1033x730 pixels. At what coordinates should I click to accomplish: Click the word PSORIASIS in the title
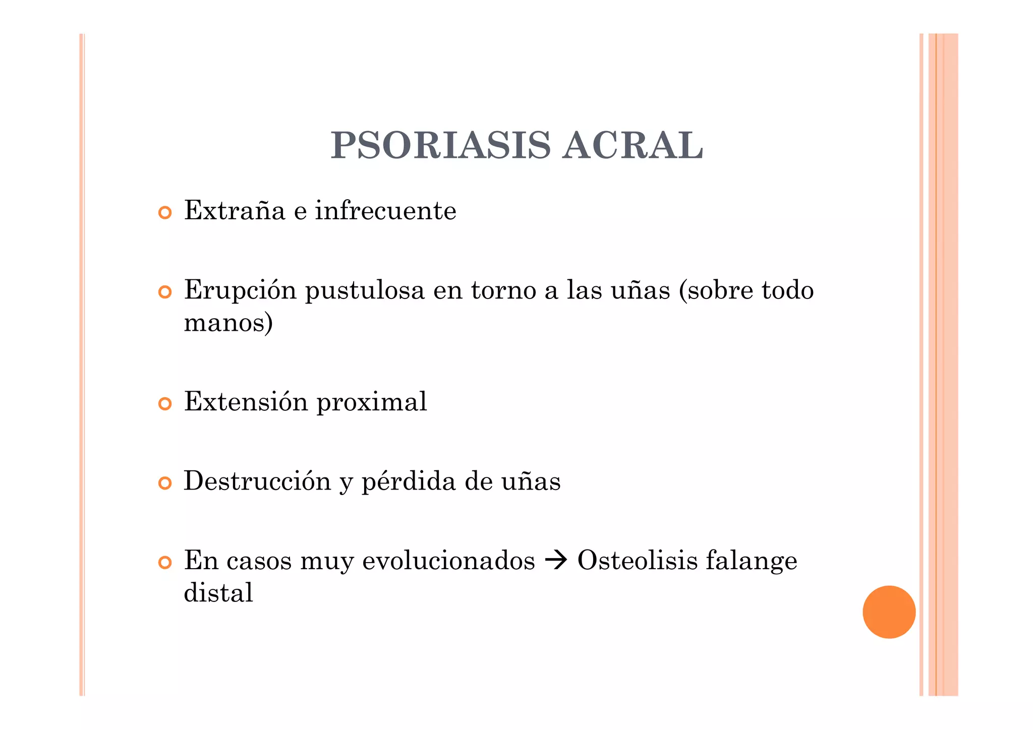coord(440,146)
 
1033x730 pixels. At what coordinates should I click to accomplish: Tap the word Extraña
coord(235,211)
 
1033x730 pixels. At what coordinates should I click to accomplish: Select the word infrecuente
coord(386,211)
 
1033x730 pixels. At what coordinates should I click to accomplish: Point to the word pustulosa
coord(365,291)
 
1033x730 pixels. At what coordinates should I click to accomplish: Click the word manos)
coord(228,323)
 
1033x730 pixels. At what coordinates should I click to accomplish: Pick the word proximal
coord(372,402)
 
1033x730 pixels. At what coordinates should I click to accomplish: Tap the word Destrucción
coord(257,481)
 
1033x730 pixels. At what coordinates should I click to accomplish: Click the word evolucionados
coord(448,561)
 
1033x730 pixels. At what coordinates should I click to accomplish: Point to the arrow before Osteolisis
coord(556,561)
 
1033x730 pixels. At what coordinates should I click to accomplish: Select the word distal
coord(218,593)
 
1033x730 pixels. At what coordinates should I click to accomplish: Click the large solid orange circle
coord(889,612)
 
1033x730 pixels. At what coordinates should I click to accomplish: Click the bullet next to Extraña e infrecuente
coord(165,213)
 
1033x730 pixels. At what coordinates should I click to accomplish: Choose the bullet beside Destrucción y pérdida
coord(165,483)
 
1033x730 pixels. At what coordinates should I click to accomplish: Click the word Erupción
coord(240,291)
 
